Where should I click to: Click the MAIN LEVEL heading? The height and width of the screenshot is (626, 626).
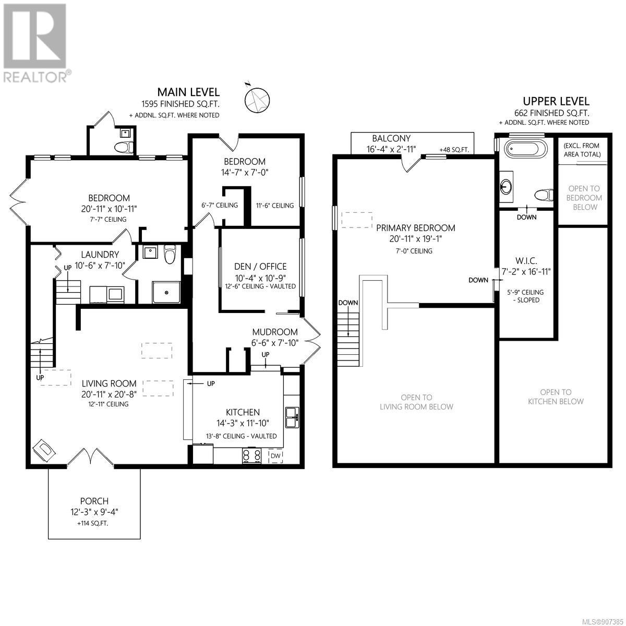188,92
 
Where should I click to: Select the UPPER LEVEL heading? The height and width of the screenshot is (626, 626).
556,101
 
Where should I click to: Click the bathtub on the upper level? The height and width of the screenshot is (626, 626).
525,150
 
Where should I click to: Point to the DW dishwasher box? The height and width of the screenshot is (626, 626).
275,456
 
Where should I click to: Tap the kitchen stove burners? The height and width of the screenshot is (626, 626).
251,455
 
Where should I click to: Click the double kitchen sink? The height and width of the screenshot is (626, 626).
292,417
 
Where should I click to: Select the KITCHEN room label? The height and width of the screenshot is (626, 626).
243,412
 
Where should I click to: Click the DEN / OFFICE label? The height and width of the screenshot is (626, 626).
260,267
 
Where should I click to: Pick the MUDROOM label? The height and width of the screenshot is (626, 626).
275,332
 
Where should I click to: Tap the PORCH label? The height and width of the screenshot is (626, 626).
94,501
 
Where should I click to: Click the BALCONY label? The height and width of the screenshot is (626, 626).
391,138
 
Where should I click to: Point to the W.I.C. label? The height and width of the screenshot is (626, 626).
526,260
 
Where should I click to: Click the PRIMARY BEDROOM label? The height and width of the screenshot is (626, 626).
415,228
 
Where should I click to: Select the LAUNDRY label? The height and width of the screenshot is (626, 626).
100,255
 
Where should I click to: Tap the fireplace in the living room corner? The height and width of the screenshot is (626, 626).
44,450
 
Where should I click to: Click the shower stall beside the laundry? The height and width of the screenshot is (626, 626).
166,292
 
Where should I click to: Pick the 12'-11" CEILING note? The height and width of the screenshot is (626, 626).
108,404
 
